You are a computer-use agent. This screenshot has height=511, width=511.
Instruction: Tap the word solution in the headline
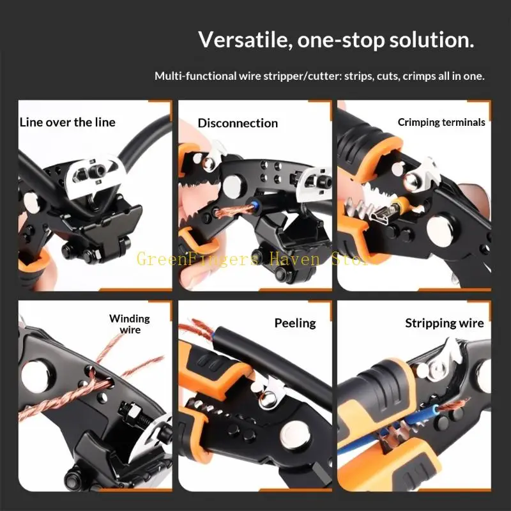432,40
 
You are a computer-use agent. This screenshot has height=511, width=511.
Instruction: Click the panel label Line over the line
68,123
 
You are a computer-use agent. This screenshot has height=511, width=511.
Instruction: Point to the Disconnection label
238,123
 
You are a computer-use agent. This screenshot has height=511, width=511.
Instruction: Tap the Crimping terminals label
441,122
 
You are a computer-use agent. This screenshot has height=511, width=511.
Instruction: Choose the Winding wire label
130,324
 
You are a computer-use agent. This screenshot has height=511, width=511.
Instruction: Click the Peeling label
295,323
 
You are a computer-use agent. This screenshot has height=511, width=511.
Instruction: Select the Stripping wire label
445,323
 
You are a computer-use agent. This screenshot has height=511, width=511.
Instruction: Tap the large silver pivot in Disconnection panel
233,185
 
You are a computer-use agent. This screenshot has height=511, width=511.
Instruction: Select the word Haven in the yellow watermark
295,259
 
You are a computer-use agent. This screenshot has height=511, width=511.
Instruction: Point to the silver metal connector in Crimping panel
379,215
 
